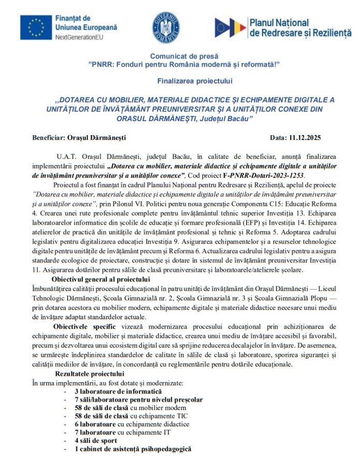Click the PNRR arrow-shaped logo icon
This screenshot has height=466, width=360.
(231, 27)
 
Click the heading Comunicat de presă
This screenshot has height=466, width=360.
(184, 56)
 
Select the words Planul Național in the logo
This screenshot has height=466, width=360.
(279, 22)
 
